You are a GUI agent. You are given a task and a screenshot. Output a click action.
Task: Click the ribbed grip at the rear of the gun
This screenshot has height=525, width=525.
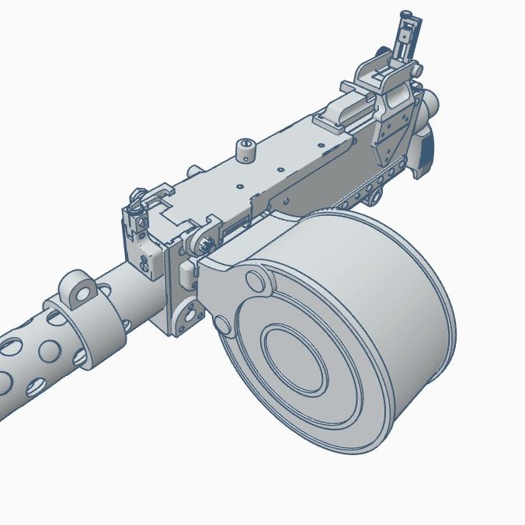[x=426, y=151]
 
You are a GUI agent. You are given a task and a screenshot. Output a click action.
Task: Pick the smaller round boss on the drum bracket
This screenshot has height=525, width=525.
[x=223, y=324]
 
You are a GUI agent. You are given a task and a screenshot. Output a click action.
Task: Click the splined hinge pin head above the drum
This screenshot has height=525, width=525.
[x=204, y=245]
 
